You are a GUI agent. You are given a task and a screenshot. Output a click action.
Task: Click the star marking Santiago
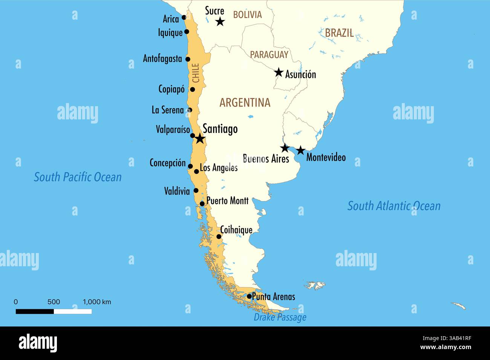pyautogui.click(x=200, y=139)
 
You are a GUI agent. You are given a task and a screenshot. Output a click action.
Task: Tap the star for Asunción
pyautogui.click(x=279, y=72)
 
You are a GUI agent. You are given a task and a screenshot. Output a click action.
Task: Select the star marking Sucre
pyautogui.click(x=220, y=22)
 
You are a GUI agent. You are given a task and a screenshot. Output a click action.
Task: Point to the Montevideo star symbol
pyautogui.click(x=300, y=151)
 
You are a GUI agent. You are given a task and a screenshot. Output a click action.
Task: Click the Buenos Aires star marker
pyautogui.click(x=285, y=148)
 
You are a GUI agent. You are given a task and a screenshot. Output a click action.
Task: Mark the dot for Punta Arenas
pyautogui.click(x=249, y=296)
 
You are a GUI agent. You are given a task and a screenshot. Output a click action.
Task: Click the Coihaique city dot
pyautogui.click(x=219, y=236)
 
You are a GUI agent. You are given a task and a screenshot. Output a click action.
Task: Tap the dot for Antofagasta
pyautogui.click(x=188, y=59)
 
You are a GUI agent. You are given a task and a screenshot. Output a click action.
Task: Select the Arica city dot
pyautogui.click(x=184, y=17)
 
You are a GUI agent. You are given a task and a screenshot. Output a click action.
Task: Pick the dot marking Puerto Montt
pyautogui.click(x=202, y=204)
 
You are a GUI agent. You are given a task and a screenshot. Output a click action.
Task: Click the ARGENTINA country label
pyautogui.click(x=245, y=102)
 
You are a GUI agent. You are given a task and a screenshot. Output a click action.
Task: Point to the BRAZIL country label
pyautogui.click(x=339, y=33)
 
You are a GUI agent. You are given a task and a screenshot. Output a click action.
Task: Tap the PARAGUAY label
pyautogui.click(x=269, y=55)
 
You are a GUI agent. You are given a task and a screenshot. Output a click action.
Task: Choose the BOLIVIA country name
pyautogui.click(x=247, y=15)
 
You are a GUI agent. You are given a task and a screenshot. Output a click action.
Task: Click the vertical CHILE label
pyautogui.click(x=196, y=73)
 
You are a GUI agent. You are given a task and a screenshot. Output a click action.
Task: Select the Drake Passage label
pyautogui.click(x=280, y=317)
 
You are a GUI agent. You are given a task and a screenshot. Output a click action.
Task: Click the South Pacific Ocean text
pyautogui.click(x=78, y=177)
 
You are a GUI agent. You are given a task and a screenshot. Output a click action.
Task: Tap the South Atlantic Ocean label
pyautogui.click(x=394, y=206)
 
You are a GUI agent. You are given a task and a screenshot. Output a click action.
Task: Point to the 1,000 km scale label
pyautogui.click(x=97, y=302)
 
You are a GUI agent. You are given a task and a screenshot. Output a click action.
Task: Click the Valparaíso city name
pyautogui.click(x=173, y=130)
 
